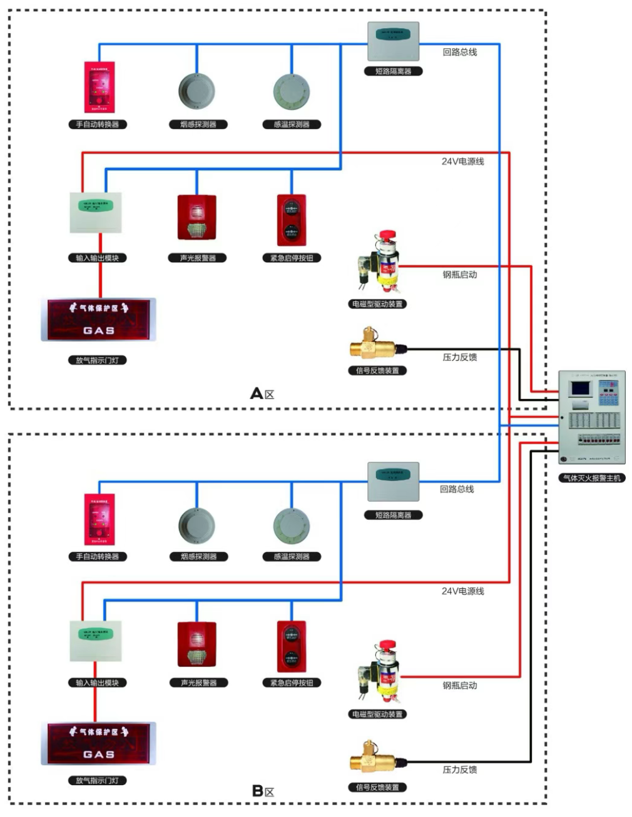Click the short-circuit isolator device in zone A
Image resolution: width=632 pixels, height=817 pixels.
click(393, 41)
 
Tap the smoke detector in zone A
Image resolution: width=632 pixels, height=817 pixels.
click(196, 92)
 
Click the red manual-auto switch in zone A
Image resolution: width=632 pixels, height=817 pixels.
click(99, 87)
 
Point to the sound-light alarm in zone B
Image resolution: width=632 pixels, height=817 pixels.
click(196, 644)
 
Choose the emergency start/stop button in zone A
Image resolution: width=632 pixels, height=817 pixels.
click(292, 220)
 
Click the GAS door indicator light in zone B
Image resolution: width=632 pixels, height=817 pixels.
click(98, 743)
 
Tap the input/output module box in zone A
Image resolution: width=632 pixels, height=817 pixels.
click(95, 213)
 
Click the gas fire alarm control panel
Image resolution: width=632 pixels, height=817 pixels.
click(591, 417)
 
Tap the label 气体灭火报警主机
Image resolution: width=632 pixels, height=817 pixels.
click(591, 478)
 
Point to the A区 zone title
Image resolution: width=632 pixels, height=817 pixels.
click(262, 393)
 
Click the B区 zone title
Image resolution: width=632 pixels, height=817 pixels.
click(263, 791)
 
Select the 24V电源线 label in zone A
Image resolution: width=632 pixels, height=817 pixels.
click(462, 161)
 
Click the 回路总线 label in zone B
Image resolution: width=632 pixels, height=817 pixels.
click(456, 489)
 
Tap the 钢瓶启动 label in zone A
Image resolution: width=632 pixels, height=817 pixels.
click(459, 275)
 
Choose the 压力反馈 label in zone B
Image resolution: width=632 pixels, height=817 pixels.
click(459, 769)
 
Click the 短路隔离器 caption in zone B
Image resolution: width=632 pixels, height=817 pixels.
click(393, 515)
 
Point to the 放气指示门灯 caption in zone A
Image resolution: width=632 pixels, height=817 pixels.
click(97, 360)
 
